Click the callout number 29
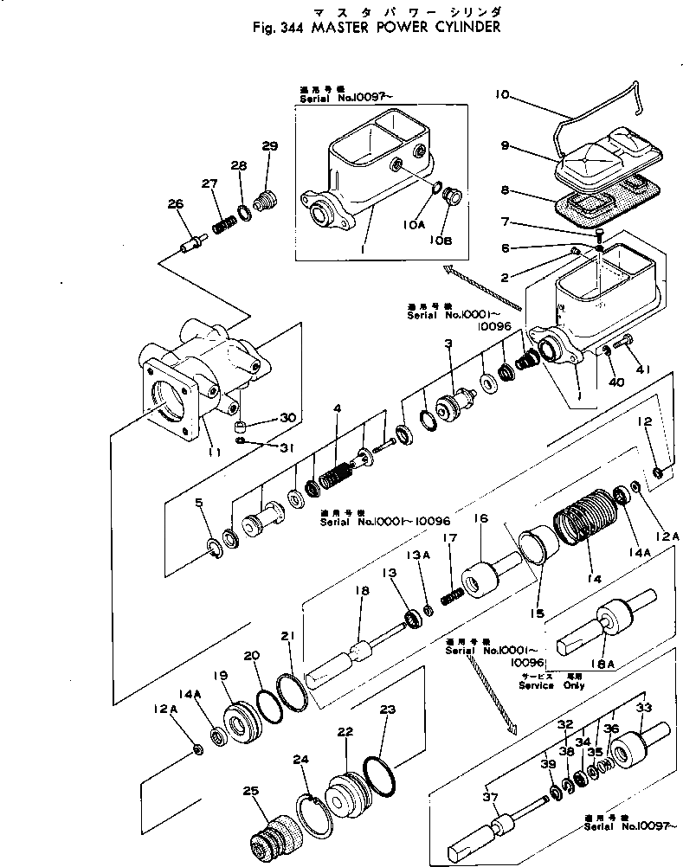pos(269,146)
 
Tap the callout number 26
pos(176,204)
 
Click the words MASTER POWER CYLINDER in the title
pos(415,27)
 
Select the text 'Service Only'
pos(551,685)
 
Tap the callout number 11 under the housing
pos(215,451)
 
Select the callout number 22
pos(345,731)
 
